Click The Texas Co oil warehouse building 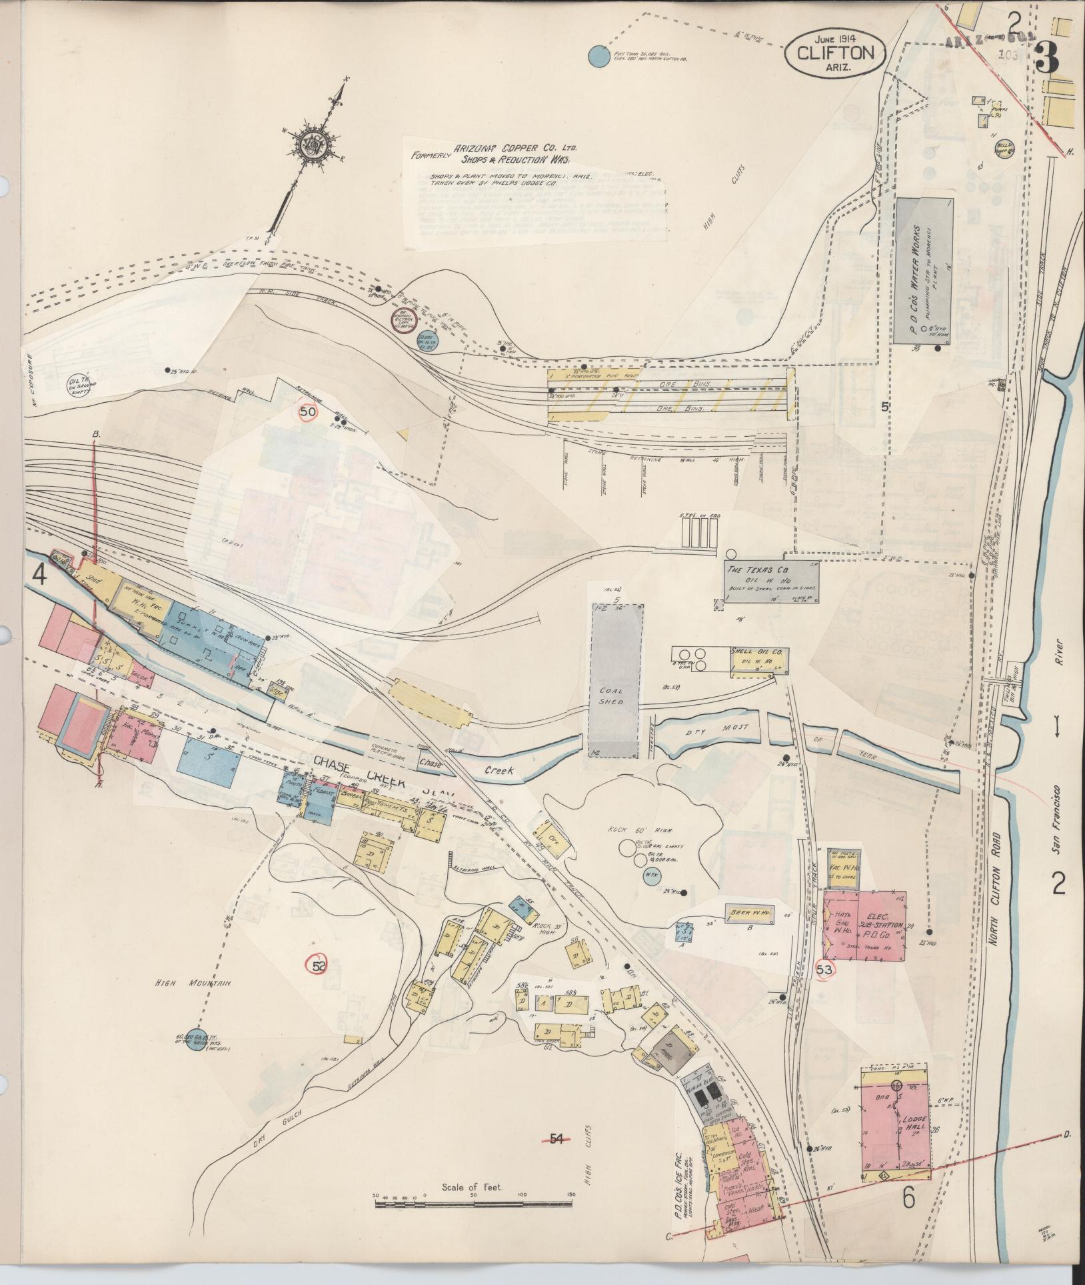coord(771,579)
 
